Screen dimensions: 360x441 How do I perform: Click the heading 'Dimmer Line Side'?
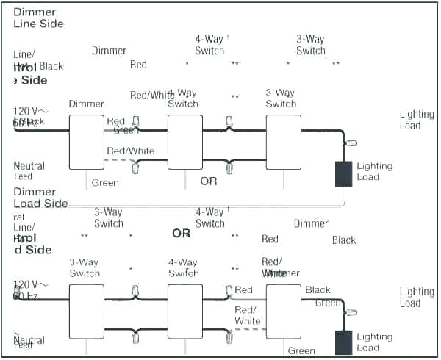(38, 18)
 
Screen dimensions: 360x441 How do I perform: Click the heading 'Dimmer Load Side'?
(40, 198)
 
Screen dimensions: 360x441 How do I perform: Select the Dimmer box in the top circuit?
(87, 141)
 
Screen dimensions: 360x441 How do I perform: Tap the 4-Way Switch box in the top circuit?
(184, 141)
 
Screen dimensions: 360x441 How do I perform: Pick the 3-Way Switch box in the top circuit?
(283, 141)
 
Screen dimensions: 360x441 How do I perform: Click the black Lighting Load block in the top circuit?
(343, 173)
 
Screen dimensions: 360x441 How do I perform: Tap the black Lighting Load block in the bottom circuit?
(343, 342)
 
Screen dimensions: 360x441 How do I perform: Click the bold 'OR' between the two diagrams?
(182, 234)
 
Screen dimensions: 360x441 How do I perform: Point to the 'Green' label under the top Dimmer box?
(105, 183)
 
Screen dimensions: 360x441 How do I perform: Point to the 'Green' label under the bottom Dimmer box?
(301, 351)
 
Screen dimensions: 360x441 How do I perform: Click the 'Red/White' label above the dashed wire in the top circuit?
(131, 151)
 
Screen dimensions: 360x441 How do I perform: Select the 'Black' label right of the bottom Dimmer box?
(318, 290)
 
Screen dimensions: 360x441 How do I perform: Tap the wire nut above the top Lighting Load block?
(351, 144)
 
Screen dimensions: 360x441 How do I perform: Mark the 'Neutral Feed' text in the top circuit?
(29, 171)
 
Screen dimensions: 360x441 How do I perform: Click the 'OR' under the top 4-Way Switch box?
(209, 181)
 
